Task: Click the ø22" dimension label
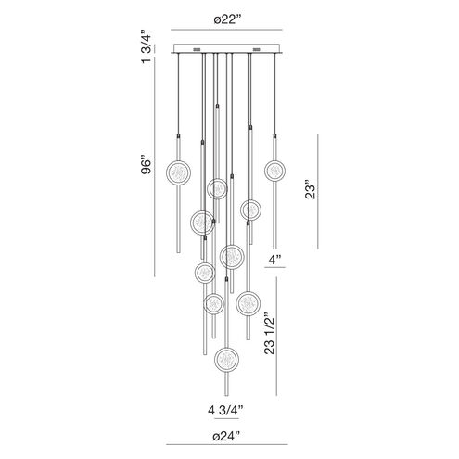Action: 227,20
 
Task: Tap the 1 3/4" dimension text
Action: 147,46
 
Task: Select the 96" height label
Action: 147,167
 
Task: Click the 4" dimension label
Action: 274,260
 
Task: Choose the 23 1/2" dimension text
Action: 269,336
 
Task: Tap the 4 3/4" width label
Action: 225,410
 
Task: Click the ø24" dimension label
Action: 226,436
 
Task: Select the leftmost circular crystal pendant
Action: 178,172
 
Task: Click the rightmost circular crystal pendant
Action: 274,171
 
